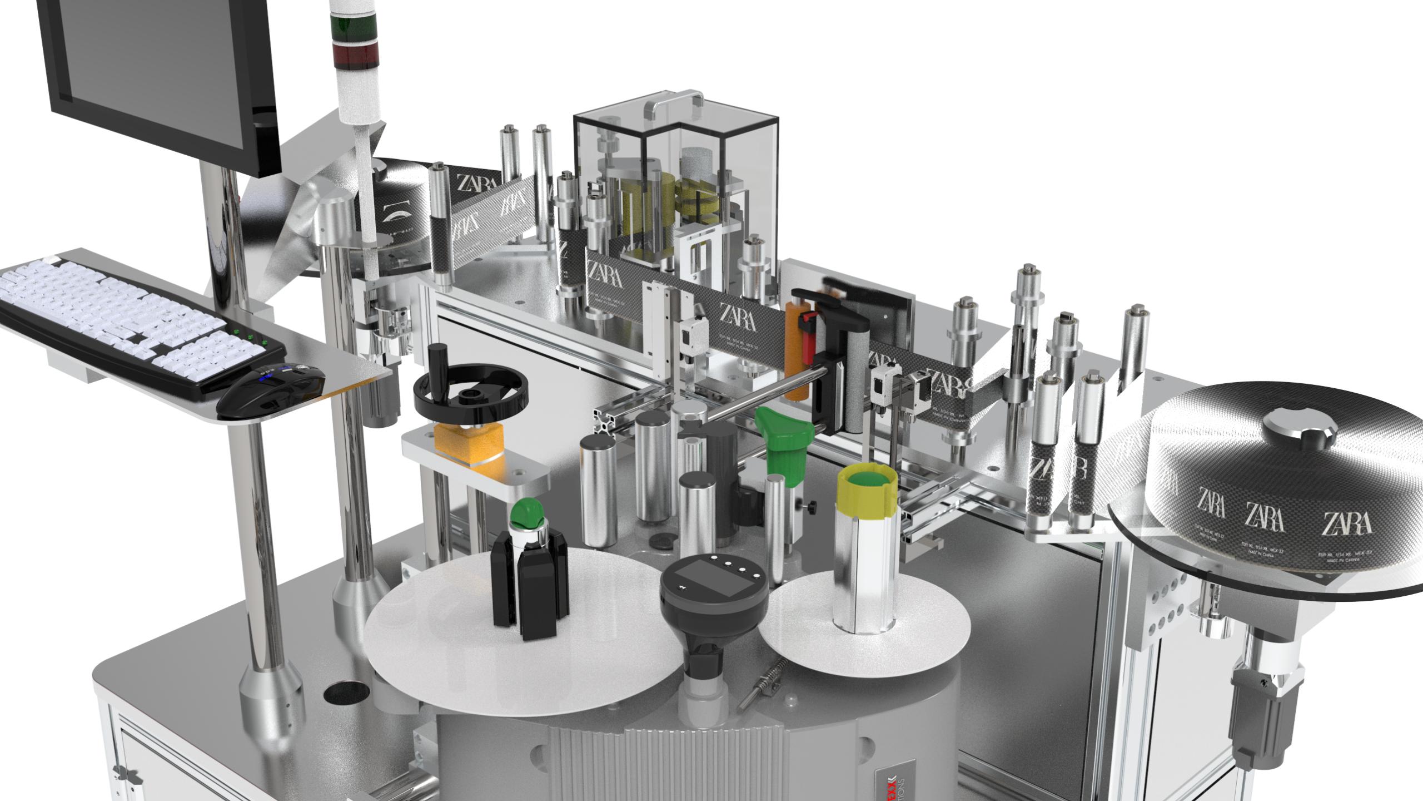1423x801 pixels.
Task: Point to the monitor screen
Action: pos(161,61)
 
